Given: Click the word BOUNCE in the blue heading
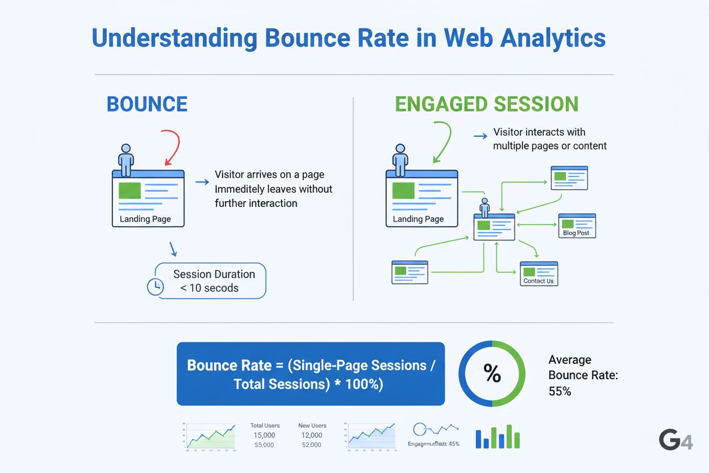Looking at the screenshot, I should tap(147, 104).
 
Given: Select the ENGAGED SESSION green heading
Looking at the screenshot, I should tap(486, 104).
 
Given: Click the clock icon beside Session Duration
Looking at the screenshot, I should tap(155, 287).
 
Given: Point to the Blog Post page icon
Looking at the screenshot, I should tap(577, 225).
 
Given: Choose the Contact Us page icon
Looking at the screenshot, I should tap(539, 273).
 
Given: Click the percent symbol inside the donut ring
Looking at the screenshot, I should tap(492, 374).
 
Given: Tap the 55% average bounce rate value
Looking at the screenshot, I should tap(560, 391).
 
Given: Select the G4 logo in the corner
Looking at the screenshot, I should tap(675, 439).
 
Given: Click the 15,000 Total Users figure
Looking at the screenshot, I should tap(265, 435).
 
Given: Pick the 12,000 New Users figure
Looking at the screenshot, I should tap(312, 435).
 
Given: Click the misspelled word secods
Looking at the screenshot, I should tap(222, 288).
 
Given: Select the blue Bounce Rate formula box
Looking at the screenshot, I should tap(310, 374).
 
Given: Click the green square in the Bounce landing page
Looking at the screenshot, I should tap(130, 190).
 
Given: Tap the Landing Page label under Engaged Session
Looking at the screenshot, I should tap(418, 219).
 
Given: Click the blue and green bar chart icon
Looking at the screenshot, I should tap(498, 437).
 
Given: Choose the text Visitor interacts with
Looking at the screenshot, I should tap(539, 132).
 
